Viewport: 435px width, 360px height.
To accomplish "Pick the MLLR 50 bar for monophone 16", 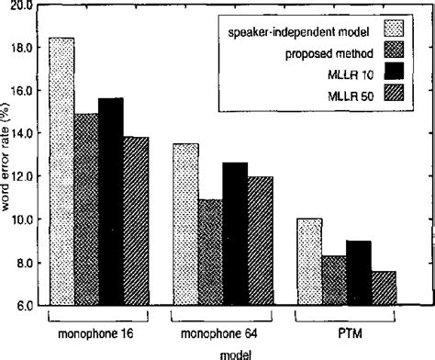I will (x=136, y=220).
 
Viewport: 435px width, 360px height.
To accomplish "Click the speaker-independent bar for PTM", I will (x=309, y=262).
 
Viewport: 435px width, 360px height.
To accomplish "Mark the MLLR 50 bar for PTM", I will (x=384, y=287).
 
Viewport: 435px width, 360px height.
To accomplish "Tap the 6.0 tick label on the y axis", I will (x=25, y=305).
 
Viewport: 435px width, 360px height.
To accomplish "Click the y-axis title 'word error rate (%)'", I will (x=7, y=156).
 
